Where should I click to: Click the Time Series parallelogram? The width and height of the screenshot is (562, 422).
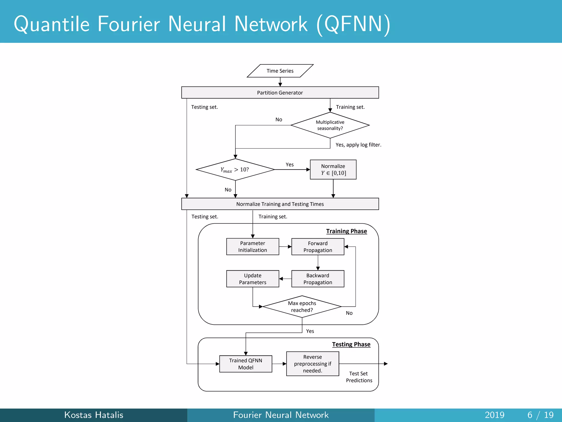pos(280,71)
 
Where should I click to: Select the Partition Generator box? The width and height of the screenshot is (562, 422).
pos(280,93)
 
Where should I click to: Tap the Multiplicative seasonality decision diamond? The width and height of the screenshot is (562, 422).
pos(330,125)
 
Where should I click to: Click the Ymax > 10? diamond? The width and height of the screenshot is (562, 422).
pos(235,170)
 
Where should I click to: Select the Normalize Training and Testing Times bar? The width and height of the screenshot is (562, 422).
pos(280,204)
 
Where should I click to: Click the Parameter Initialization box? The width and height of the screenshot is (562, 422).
pos(252,247)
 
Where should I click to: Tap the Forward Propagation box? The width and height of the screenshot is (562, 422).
pos(318,247)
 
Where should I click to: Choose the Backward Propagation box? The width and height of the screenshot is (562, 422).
pos(318,279)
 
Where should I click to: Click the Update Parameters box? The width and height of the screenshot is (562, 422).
pos(252,279)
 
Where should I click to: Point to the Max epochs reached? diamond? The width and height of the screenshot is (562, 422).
pos(302,307)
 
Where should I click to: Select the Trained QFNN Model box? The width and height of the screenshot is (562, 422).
pos(246,364)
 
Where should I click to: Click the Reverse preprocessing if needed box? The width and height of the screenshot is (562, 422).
pos(313,364)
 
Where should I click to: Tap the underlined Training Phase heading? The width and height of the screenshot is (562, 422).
pos(346,231)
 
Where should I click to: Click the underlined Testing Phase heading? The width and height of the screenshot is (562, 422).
pos(351,344)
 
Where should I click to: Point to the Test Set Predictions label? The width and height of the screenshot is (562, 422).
pos(359,377)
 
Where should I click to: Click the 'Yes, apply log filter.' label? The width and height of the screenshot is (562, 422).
pos(358,145)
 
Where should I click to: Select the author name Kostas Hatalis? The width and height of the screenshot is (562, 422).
pos(94,415)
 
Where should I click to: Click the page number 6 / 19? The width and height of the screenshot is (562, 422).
pos(540,415)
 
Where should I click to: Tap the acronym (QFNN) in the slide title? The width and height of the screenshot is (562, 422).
pos(353,24)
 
